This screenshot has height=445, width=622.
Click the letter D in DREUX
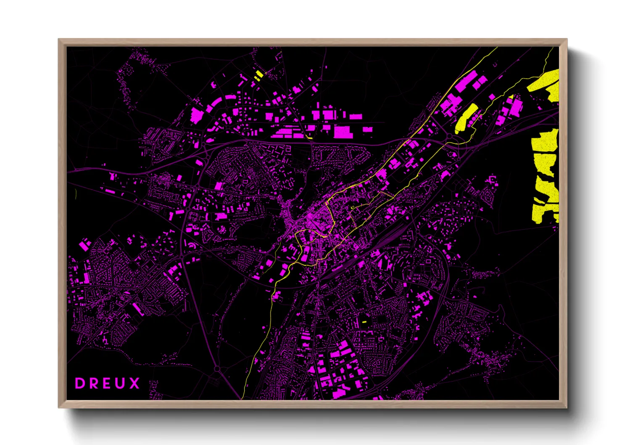pyautogui.click(x=79, y=383)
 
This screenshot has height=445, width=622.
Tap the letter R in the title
pyautogui.click(x=93, y=383)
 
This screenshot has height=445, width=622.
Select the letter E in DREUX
pyautogui.click(x=107, y=383)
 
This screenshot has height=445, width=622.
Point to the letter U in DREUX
pyautogui.click(x=121, y=383)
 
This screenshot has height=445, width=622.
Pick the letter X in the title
pyautogui.click(x=134, y=383)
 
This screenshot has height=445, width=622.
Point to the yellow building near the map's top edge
pyautogui.click(x=258, y=76)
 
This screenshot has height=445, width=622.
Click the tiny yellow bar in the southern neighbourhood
pyautogui.click(x=364, y=322)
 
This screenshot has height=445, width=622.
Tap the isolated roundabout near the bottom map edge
pyautogui.click(x=217, y=369)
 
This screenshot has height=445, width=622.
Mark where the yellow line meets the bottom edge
pyautogui.click(x=242, y=398)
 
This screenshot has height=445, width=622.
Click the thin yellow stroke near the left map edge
pyautogui.click(x=76, y=194)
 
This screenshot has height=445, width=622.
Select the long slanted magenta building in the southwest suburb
pyautogui.click(x=137, y=309)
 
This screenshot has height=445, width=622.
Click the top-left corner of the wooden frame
pyautogui.click(x=59, y=40)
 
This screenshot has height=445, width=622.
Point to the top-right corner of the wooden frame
pyautogui.click(x=567, y=40)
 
